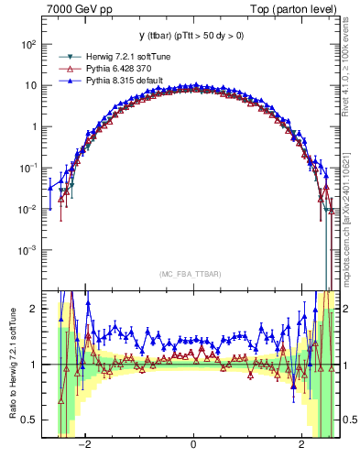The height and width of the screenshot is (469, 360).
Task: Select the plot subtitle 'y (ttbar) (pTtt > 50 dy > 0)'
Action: point(192,36)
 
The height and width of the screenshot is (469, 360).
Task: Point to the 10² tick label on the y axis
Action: point(30,44)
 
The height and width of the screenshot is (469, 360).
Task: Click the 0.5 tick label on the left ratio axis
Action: point(30,420)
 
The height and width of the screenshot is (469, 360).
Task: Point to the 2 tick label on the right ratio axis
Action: point(348,309)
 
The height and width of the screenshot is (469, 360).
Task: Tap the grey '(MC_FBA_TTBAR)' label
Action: point(192,273)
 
